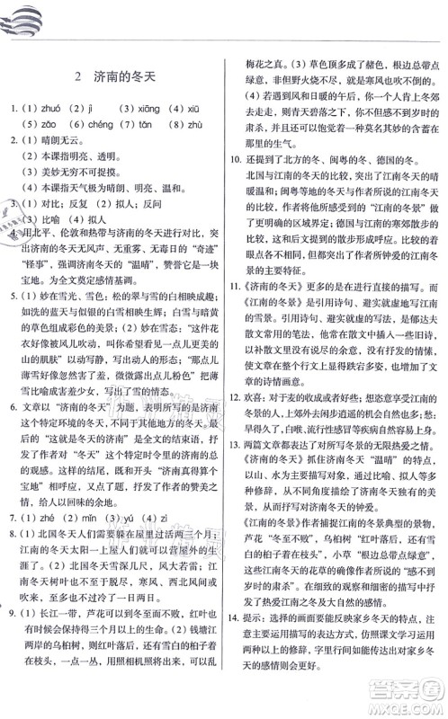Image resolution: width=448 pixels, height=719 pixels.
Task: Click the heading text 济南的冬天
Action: coord(125,77)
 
